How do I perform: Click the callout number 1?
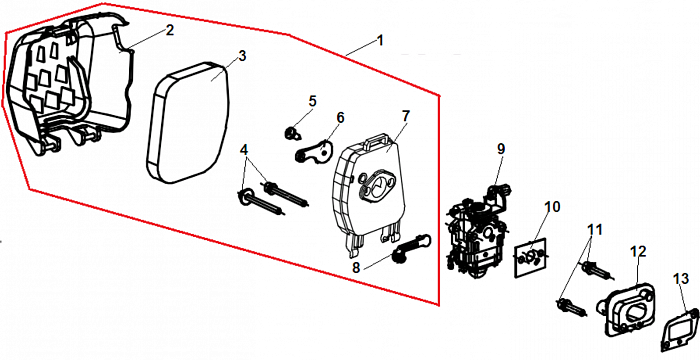tap(380, 41)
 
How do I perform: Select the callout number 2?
tap(170, 30)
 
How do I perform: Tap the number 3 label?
tap(242, 56)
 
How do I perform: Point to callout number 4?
tap(244, 149)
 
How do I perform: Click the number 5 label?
tap(312, 101)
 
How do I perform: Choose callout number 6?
tap(340, 118)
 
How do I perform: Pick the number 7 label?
tap(405, 115)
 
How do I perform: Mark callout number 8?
tap(356, 268)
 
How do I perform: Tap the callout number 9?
tap(501, 149)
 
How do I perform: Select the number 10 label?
tap(552, 207)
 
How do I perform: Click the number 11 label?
tap(594, 230)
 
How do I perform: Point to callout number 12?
tap(638, 251)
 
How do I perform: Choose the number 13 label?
tap(681, 279)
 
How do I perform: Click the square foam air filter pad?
tap(188, 123)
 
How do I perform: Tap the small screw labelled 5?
tap(292, 132)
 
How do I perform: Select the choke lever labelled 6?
tap(314, 152)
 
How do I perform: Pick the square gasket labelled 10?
tap(530, 258)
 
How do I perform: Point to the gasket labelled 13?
tap(679, 331)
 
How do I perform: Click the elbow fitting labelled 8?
tap(411, 248)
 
